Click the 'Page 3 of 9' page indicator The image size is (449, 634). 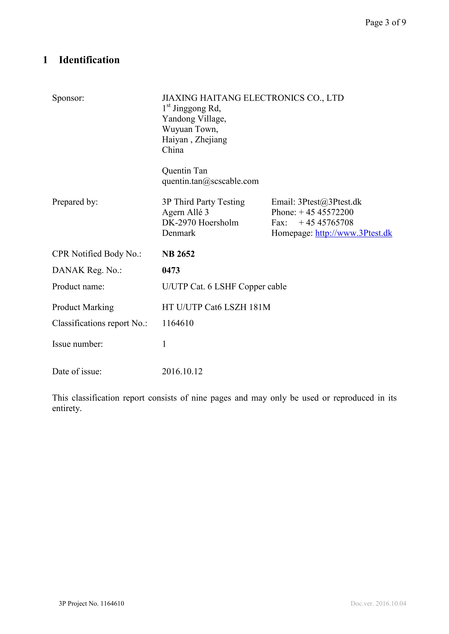pos(385,22)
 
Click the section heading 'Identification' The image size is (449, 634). pos(89,60)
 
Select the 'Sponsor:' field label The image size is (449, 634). pos(68,98)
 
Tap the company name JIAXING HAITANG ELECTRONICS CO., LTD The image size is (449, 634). pos(253,98)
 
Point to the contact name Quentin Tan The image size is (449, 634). pos(184,171)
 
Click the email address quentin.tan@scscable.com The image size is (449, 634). pos(210,181)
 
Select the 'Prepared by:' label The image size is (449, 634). pos(75,202)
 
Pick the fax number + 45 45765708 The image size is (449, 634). pos(326,222)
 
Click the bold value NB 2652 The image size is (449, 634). pos(178,254)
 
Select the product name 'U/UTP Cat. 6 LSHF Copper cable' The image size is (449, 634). pos(224,287)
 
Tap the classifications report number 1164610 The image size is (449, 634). pos(178,323)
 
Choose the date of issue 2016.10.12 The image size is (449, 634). pos(182,371)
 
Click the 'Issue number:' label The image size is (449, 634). pos(77,344)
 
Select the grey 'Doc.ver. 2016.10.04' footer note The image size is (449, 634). pos(378,604)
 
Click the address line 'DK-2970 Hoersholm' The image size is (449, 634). pos(200,222)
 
